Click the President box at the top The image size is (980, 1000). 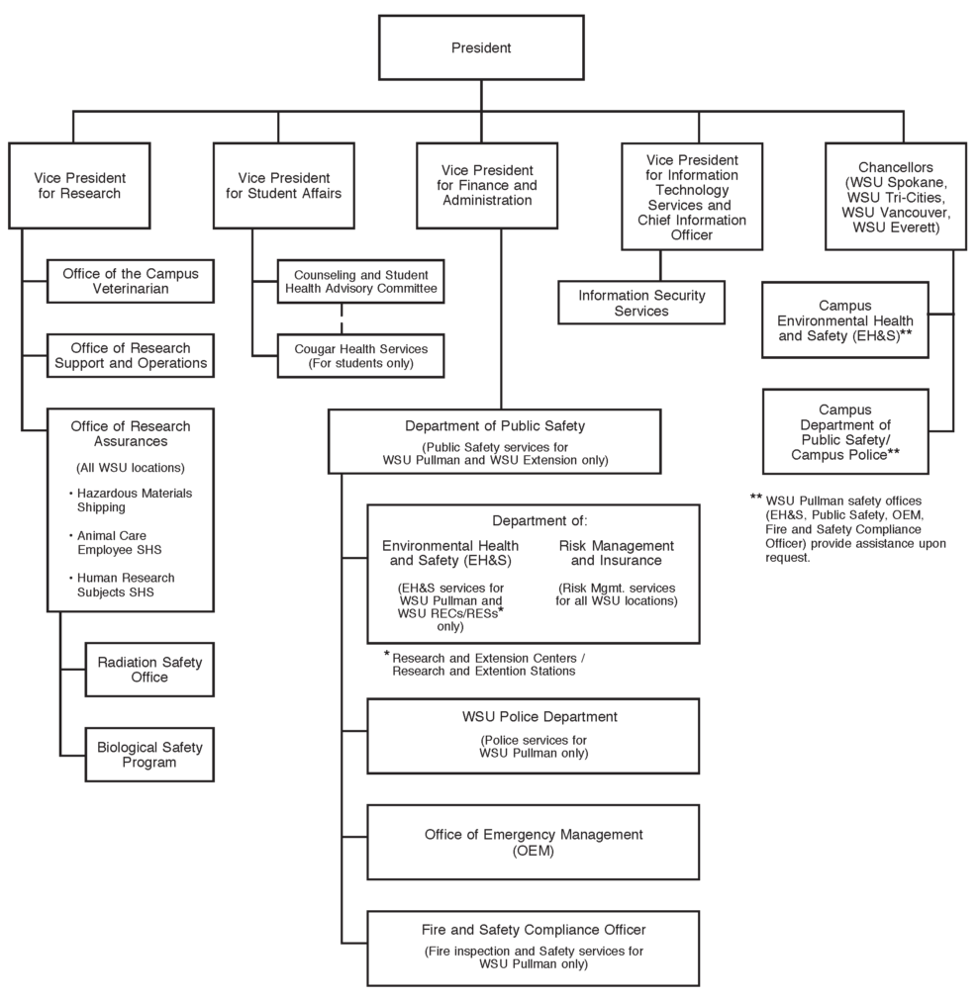pos(481,47)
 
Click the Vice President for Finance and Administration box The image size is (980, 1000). pos(488,185)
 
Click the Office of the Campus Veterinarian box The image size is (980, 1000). pos(131,281)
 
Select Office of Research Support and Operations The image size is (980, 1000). pos(131,356)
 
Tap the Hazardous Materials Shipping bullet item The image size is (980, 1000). pos(134,500)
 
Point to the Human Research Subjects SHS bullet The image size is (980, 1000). pos(134,585)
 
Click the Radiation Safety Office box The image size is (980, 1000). pos(148,670)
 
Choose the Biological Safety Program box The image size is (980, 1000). pos(148,754)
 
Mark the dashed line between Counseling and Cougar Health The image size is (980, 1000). pos(343,318)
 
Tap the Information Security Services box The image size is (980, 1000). pos(640,303)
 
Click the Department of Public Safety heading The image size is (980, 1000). pos(495,426)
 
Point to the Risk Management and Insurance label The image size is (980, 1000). pos(616,553)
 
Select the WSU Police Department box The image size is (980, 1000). pos(533,735)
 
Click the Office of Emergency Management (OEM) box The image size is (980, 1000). pos(533,842)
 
